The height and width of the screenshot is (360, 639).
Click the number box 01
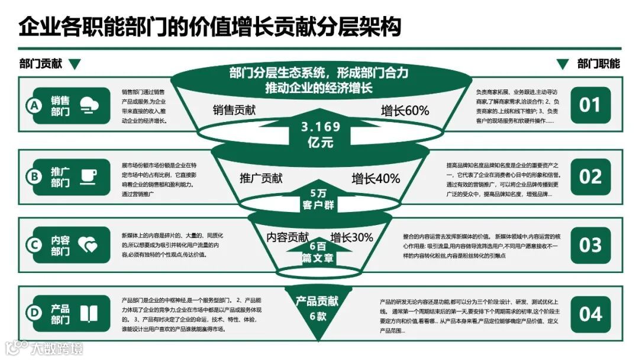[589, 105]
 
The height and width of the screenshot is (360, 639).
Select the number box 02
[589, 176]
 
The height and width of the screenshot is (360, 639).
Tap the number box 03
[589, 245]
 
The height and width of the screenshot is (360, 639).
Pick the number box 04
[589, 314]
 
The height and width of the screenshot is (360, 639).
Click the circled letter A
[34, 106]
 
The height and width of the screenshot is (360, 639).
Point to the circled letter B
[34, 176]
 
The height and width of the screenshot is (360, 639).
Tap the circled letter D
[34, 314]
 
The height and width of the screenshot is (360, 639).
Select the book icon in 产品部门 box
[89, 314]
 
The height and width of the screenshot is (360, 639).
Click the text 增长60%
[405, 111]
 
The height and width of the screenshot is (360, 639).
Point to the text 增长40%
[376, 178]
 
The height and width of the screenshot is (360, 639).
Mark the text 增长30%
[351, 237]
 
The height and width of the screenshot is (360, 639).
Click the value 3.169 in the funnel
[321, 127]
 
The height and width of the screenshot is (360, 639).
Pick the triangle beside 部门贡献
[75, 64]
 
